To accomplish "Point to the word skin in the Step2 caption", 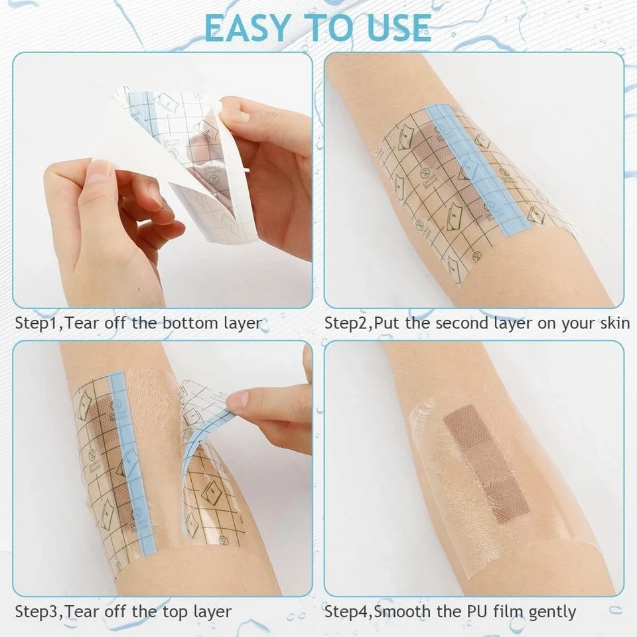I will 614,324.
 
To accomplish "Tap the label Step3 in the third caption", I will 36,611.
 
